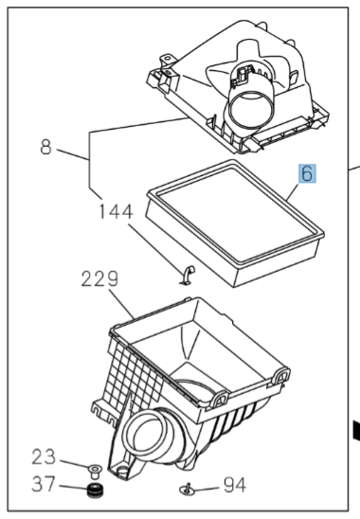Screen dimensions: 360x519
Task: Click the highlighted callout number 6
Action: coord(307,173)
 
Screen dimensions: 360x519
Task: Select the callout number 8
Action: coord(46,147)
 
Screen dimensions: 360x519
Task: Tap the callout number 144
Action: coord(116,212)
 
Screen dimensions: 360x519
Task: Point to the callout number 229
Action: coord(99,279)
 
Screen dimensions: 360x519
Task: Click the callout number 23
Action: coord(44,457)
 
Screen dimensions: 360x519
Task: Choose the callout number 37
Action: coord(44,484)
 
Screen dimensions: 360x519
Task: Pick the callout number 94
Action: coord(235,485)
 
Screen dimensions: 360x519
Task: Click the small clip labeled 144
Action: coord(188,275)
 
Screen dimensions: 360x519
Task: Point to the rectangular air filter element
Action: coord(235,224)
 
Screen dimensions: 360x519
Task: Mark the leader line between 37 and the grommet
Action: coord(73,487)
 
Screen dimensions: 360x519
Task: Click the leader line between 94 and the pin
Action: coord(206,488)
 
